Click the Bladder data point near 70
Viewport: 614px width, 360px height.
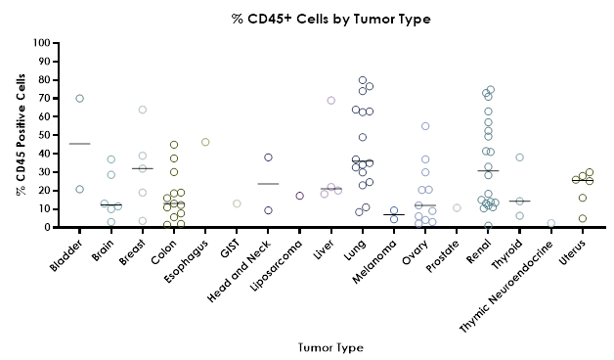80,98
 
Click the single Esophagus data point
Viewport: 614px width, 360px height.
205,142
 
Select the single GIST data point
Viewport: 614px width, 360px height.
237,203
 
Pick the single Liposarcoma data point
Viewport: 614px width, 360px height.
299,196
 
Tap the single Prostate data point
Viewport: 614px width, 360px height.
457,207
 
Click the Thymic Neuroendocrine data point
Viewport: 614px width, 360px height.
551,224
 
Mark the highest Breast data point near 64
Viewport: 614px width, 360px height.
143,110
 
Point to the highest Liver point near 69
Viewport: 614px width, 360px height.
330,101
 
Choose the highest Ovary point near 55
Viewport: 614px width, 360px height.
425,126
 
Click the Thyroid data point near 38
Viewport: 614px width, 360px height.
520,157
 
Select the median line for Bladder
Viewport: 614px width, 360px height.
80,144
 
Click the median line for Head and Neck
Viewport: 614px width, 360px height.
268,184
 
